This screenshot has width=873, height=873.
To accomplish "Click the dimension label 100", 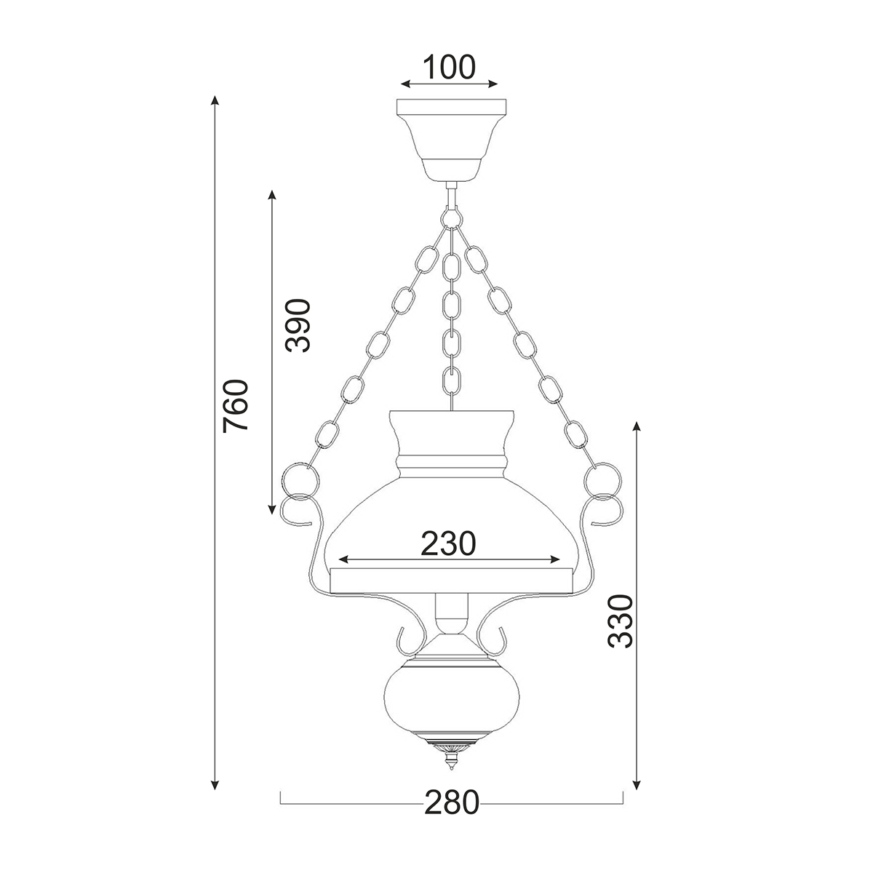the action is (449, 67).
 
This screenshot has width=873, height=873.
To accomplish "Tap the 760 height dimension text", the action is (236, 405).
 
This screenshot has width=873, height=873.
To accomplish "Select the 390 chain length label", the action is (298, 324).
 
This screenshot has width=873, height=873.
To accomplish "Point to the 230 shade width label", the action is (449, 543).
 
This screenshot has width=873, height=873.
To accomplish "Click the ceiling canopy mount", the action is (451, 140).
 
